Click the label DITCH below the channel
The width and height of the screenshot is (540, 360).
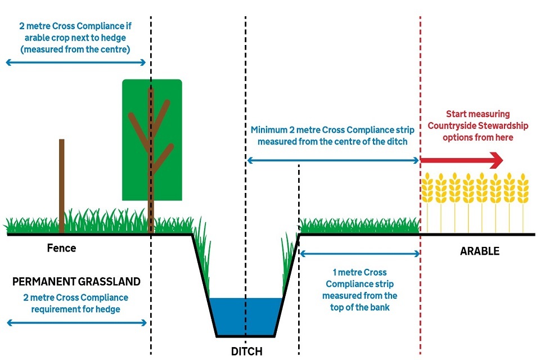coord(246,352)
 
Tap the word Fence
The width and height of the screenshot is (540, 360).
coord(61,248)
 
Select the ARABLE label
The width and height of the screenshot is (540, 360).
coord(479,251)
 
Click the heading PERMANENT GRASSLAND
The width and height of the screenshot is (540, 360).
coord(76,281)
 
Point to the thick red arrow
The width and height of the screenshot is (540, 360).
coord(461,161)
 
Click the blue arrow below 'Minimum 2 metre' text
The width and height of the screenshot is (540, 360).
coord(333,161)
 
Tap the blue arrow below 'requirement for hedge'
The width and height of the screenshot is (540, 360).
coord(76,323)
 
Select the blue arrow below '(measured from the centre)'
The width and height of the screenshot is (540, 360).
coord(76,62)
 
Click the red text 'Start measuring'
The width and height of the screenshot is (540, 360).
coord(478,114)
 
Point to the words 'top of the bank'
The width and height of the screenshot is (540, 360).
coord(359,308)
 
